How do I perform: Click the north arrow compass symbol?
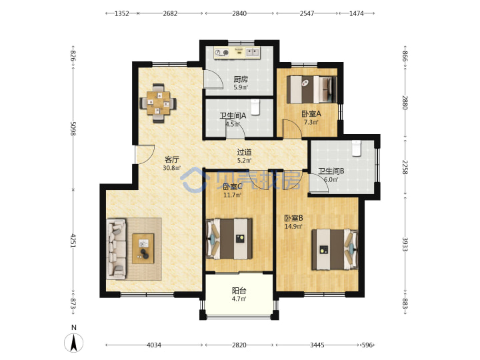(73, 343)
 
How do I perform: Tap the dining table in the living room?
(158, 103)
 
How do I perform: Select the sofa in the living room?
(116, 249)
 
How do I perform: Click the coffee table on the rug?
(143, 248)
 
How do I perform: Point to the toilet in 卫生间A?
(255, 106)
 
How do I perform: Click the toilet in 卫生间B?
(356, 148)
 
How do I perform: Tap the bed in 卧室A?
(311, 89)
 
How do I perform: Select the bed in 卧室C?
(229, 239)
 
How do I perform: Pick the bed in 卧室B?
(335, 249)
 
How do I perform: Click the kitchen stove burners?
(221, 53)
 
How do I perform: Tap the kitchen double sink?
(253, 52)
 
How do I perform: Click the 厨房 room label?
(241, 79)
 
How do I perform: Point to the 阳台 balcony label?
(239, 291)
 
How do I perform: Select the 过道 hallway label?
(244, 152)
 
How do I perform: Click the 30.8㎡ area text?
(172, 168)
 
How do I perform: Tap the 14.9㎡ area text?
(293, 227)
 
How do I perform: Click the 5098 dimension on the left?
(73, 129)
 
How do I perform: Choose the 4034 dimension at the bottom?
(154, 345)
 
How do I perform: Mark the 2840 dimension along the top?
(239, 13)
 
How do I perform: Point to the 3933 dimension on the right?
(405, 244)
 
